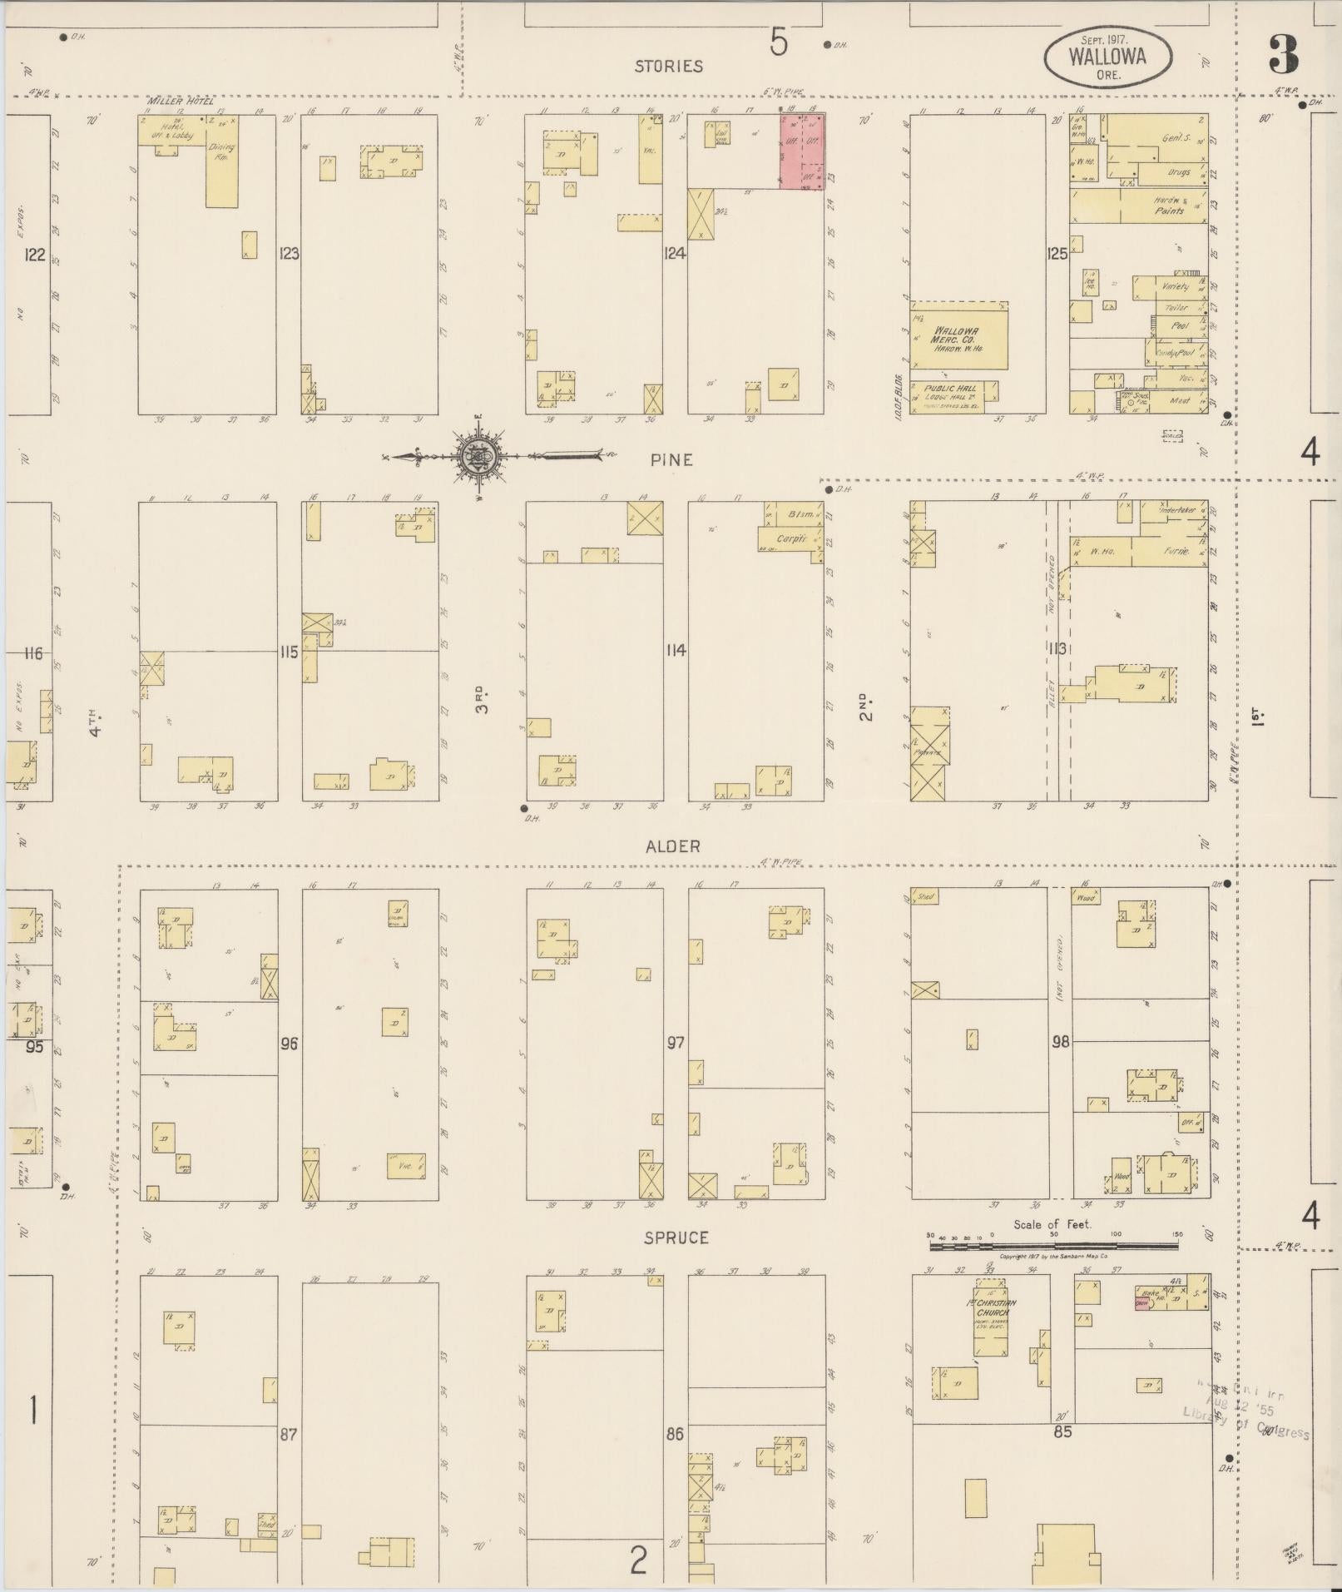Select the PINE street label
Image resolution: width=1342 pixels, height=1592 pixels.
pyautogui.click(x=672, y=459)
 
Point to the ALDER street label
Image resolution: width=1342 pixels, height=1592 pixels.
pyautogui.click(x=672, y=846)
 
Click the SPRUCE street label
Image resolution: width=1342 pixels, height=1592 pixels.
pyautogui.click(x=676, y=1237)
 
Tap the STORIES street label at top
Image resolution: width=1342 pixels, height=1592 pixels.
pyautogui.click(x=668, y=66)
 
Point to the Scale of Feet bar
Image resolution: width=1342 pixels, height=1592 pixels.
pyautogui.click(x=1053, y=1246)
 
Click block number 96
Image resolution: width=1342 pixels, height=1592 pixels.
pyautogui.click(x=289, y=1043)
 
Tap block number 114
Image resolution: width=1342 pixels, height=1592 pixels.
pyautogui.click(x=675, y=651)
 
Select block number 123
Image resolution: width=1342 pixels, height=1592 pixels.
pyautogui.click(x=289, y=254)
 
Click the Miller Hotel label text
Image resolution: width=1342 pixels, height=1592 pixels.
pyautogui.click(x=181, y=102)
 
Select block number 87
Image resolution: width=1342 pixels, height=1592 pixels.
pyautogui.click(x=288, y=1435)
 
